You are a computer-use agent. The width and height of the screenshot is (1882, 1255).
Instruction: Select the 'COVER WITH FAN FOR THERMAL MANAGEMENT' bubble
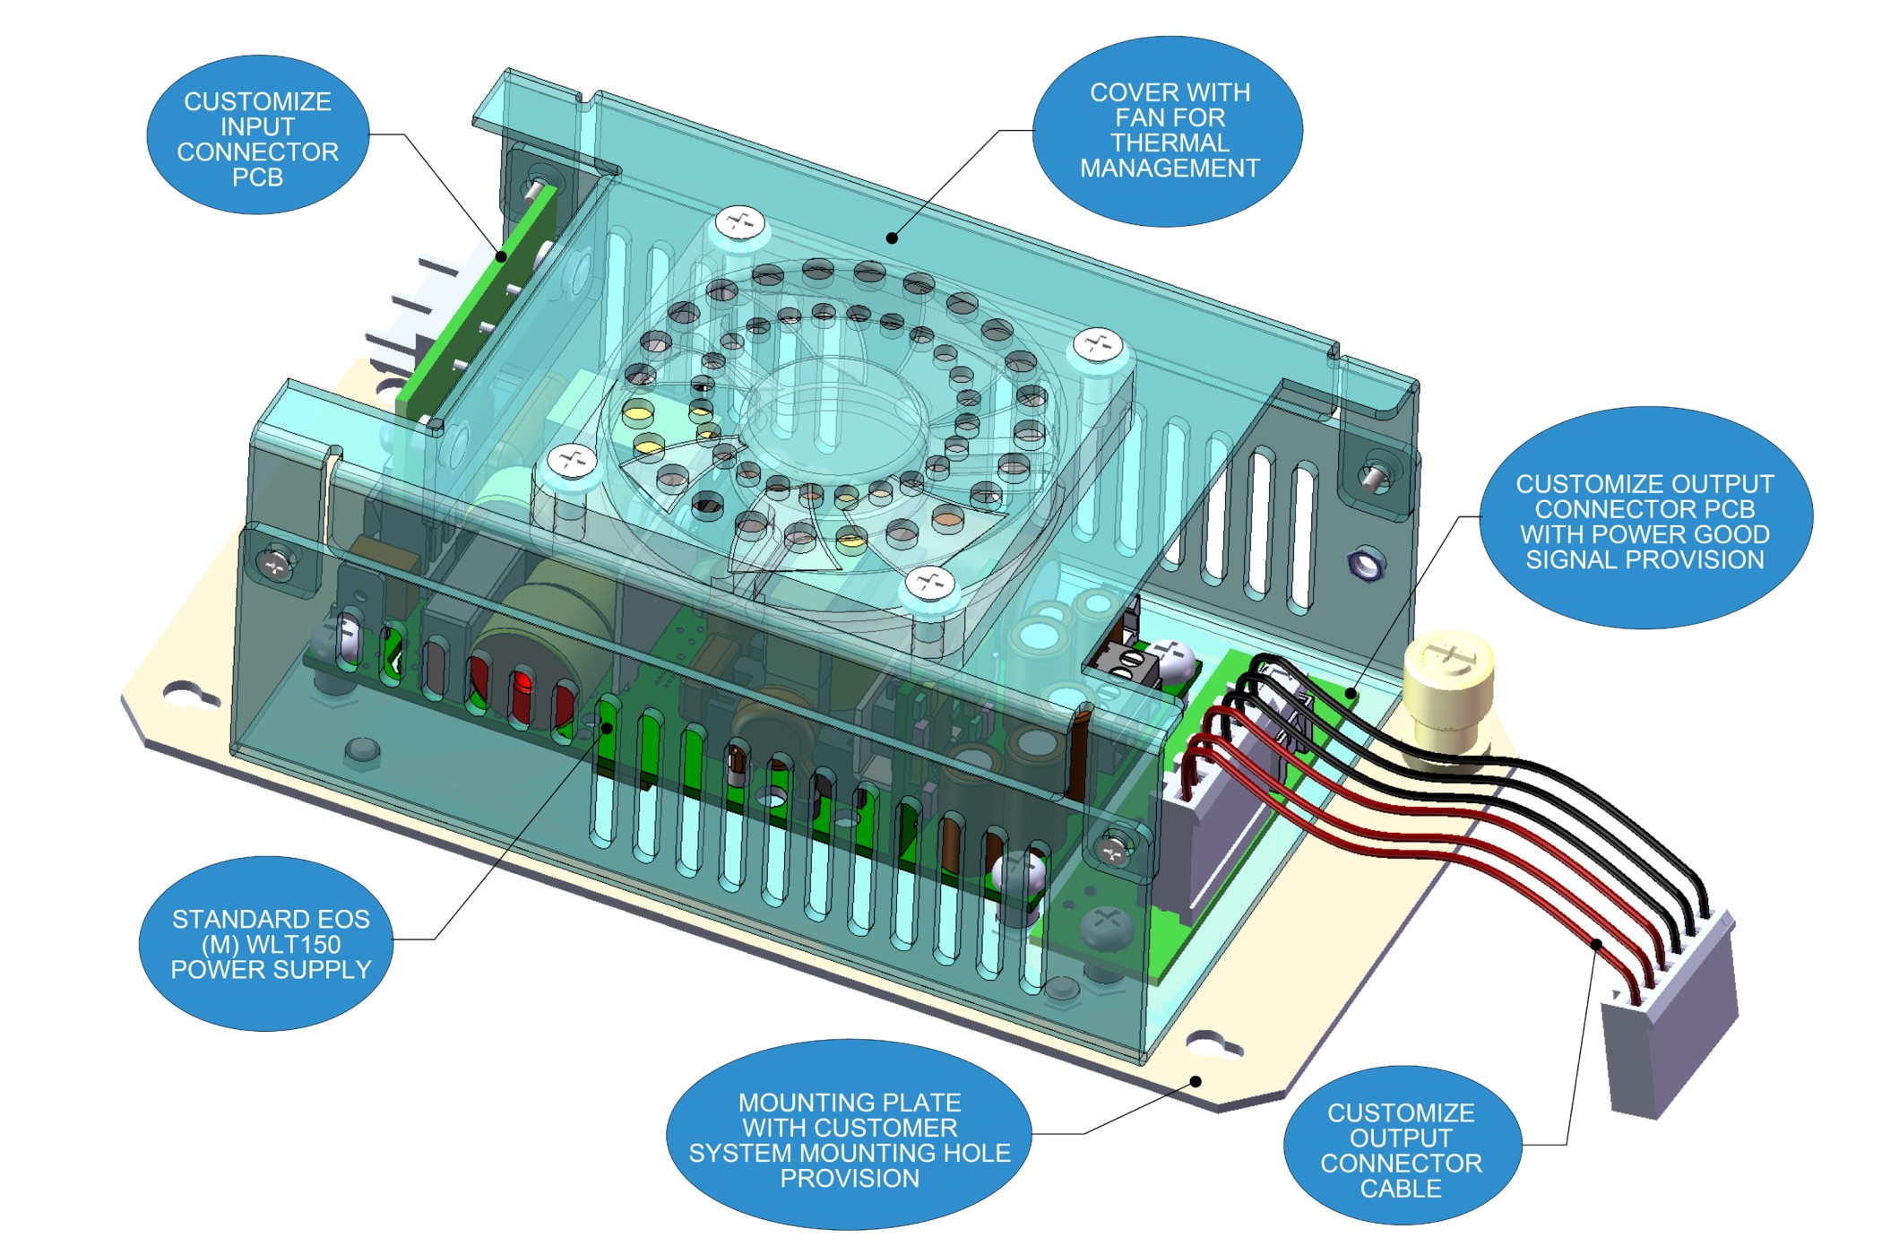click(1169, 131)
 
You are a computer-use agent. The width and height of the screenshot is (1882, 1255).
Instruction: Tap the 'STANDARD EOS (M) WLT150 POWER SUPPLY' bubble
click(270, 944)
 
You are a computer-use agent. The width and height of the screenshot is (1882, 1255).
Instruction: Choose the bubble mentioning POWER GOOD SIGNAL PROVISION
click(1645, 520)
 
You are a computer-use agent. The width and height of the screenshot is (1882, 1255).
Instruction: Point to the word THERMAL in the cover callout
click(1170, 143)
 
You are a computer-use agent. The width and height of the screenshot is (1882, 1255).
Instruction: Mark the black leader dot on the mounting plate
click(1196, 1082)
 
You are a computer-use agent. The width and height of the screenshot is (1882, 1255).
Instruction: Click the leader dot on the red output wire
click(1596, 944)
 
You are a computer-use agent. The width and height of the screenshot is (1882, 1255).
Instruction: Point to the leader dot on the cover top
click(892, 238)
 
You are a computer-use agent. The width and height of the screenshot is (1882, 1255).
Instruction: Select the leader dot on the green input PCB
click(502, 257)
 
